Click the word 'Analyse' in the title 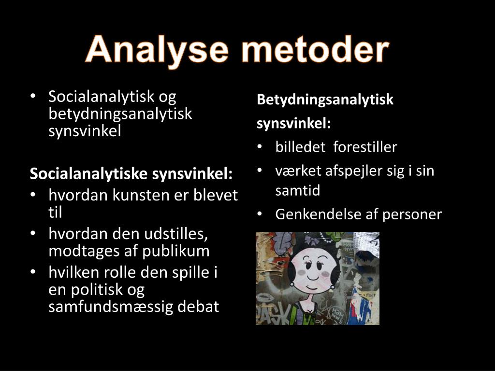tap(153, 51)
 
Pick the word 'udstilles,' tap(176, 234)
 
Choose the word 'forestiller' tap(365, 147)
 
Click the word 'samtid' tap(298, 190)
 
